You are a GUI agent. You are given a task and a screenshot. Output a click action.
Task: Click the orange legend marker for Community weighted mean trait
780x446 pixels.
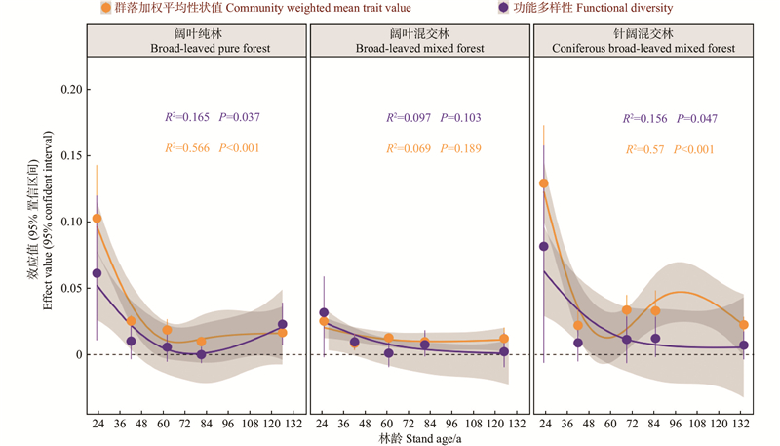(105, 8)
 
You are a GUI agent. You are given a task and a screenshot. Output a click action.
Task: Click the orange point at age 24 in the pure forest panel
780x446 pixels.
(97, 218)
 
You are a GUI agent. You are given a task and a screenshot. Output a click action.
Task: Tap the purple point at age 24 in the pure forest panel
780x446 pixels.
(97, 273)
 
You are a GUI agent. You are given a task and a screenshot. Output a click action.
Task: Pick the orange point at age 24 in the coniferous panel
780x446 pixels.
(544, 182)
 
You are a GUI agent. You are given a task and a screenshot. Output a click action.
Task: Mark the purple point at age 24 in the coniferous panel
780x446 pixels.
(544, 246)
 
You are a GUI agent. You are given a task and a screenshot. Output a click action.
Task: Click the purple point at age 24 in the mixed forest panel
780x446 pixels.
(324, 312)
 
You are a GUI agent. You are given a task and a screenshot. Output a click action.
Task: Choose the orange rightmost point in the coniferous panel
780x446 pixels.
(744, 325)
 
